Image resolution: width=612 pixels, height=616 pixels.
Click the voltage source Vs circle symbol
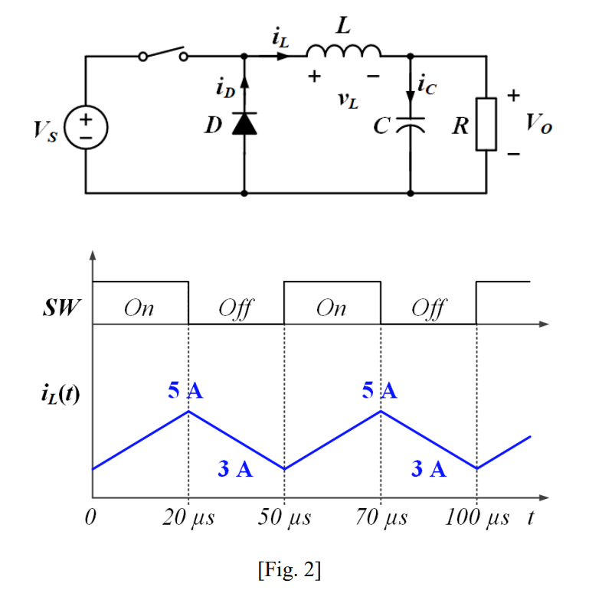pyautogui.click(x=86, y=125)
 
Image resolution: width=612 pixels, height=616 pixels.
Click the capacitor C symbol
pyautogui.click(x=411, y=125)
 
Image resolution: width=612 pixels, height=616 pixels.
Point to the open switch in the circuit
pyautogui.click(x=162, y=54)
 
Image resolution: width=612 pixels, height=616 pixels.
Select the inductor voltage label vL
pyautogui.click(x=347, y=99)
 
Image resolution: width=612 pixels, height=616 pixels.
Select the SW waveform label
pyautogui.click(x=61, y=309)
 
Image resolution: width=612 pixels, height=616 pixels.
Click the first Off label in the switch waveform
pyautogui.click(x=237, y=308)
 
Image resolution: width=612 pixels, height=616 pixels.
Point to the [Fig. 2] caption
pyautogui.click(x=289, y=570)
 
